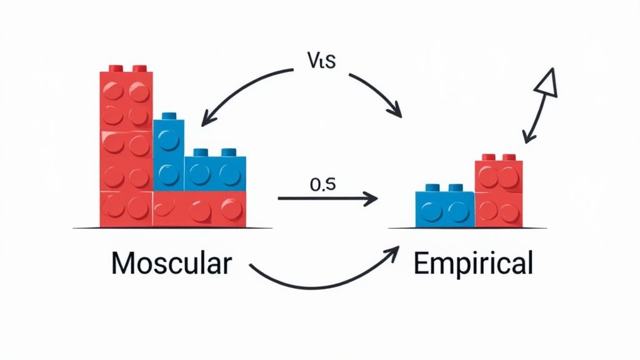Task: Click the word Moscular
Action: tap(171, 264)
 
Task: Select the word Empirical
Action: tap(473, 264)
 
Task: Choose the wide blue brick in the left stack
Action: tap(215, 172)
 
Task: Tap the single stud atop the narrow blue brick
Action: tap(168, 116)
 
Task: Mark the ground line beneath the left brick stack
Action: tap(172, 228)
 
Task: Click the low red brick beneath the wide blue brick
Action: tap(199, 209)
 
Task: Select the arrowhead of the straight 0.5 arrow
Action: tap(371, 199)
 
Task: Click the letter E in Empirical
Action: tap(421, 264)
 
